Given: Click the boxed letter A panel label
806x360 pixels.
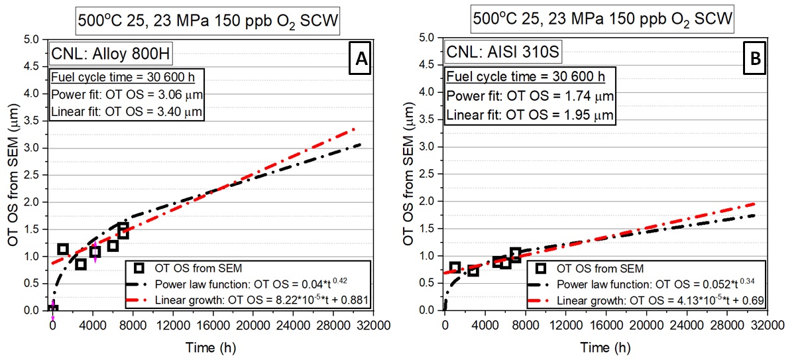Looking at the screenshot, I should (361, 59).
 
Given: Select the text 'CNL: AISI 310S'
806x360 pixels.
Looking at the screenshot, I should (489, 52).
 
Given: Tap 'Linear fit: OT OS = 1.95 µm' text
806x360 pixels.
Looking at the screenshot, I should (530, 115).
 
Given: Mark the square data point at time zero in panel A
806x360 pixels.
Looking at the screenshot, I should (52, 310).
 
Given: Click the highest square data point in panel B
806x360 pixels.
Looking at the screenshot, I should (515, 253).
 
